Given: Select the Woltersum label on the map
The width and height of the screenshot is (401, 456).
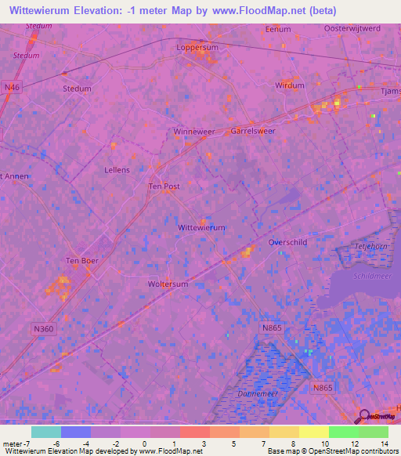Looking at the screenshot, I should (x=168, y=284).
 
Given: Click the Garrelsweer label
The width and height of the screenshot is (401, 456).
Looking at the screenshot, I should (x=253, y=131).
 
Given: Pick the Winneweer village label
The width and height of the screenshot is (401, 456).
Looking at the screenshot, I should (x=193, y=132).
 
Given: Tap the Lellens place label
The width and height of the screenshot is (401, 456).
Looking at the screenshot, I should (x=117, y=169).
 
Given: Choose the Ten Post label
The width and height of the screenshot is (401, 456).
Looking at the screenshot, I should (x=164, y=186).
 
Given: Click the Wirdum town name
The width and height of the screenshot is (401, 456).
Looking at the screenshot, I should (x=290, y=85).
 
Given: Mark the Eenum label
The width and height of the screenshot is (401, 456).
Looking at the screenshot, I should (x=278, y=29).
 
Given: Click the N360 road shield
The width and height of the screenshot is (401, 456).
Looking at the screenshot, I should (x=45, y=328).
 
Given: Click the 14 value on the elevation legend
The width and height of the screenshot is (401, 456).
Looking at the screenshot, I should (x=384, y=443).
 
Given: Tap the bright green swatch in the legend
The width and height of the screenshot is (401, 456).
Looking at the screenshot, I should (x=343, y=432).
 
